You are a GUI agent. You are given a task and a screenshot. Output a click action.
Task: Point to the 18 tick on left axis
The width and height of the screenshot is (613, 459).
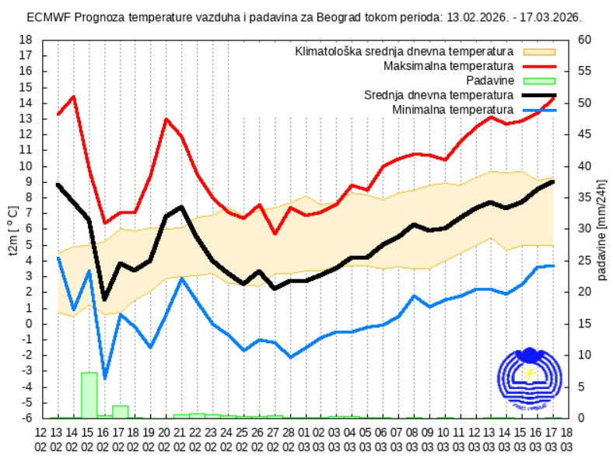click(26, 40)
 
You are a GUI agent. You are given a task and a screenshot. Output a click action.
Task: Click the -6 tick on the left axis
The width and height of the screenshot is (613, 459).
click(26, 419)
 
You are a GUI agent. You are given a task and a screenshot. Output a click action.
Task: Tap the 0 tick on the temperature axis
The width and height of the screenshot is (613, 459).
click(29, 324)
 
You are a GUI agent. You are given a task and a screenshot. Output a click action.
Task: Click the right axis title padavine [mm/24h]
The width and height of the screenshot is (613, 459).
click(602, 229)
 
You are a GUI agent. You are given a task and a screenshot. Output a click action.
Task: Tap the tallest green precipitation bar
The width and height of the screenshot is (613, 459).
click(89, 395)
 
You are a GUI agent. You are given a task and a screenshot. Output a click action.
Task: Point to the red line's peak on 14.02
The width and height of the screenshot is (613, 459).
click(74, 96)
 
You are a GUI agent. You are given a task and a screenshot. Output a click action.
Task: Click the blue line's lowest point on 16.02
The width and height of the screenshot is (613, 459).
click(104, 378)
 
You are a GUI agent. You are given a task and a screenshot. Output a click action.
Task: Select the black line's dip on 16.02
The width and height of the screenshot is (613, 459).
click(104, 300)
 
